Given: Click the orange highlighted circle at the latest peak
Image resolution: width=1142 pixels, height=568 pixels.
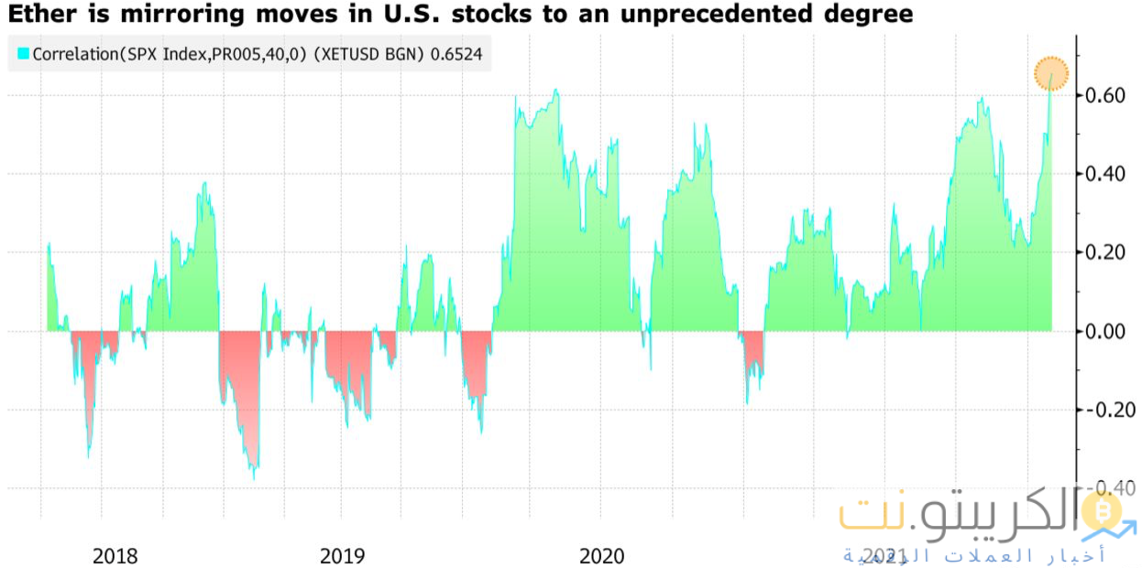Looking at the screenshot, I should click(1051, 73).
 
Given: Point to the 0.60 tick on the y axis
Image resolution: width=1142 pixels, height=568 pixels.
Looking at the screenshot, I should click(1104, 95).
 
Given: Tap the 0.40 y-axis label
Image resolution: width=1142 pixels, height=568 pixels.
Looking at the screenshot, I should click(1104, 174).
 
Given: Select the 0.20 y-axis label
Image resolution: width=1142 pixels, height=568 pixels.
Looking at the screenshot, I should click(1104, 252).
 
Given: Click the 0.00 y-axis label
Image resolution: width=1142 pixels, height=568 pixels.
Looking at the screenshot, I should click(1104, 331).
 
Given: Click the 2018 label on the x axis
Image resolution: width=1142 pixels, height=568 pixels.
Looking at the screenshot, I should click(115, 556).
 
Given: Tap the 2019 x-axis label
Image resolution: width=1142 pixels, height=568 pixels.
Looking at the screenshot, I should click(342, 556).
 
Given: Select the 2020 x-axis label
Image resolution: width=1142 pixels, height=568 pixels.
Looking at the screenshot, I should click(601, 556).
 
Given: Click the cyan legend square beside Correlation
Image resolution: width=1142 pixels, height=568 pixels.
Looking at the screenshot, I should click(23, 54).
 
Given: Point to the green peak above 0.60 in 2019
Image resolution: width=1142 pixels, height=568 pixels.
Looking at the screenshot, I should click(555, 91).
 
